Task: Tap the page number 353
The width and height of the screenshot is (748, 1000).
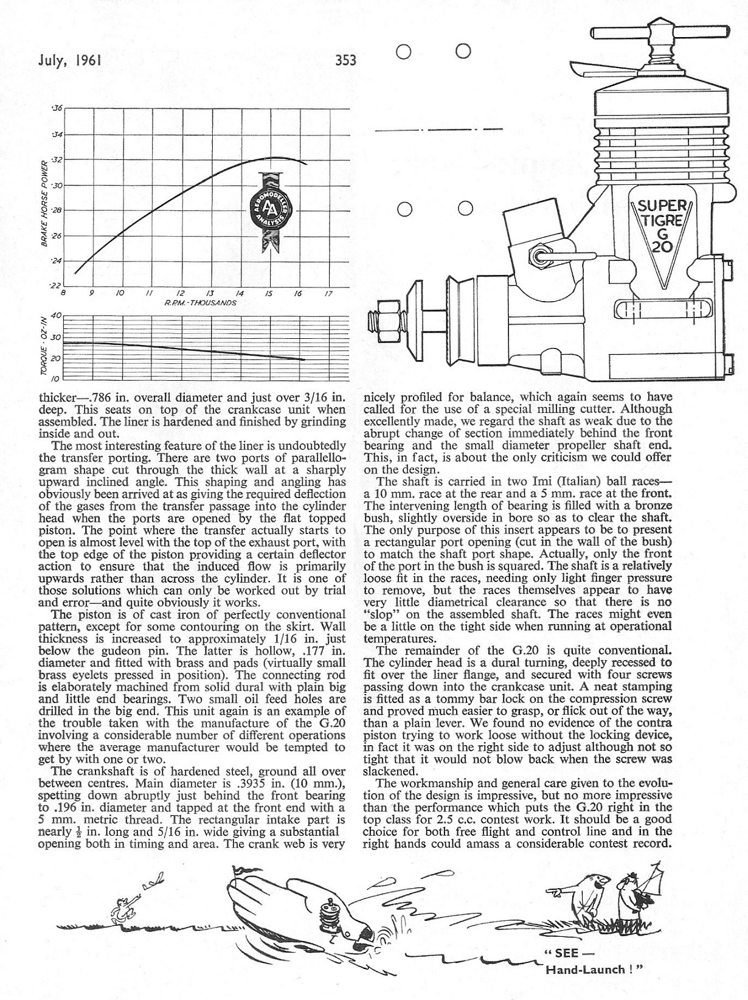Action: pyautogui.click(x=344, y=60)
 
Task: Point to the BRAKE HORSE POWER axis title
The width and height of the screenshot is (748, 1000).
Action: pyautogui.click(x=44, y=203)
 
